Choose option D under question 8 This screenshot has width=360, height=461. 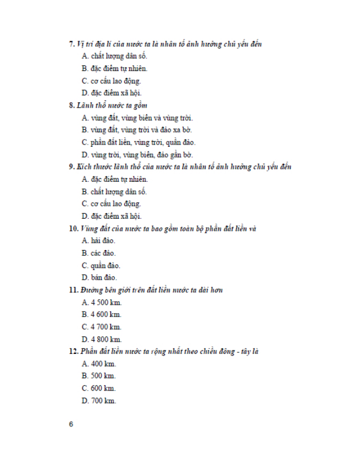click(x=137, y=155)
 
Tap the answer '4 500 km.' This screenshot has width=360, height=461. click(x=102, y=302)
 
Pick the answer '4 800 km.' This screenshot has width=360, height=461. click(x=102, y=339)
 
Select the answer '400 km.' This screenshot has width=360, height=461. click(x=99, y=364)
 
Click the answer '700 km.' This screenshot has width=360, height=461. click(x=99, y=401)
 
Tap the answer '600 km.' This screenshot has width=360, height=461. click(x=99, y=388)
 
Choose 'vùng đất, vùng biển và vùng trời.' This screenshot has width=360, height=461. click(x=137, y=118)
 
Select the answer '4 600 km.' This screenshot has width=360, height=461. click(x=102, y=314)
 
